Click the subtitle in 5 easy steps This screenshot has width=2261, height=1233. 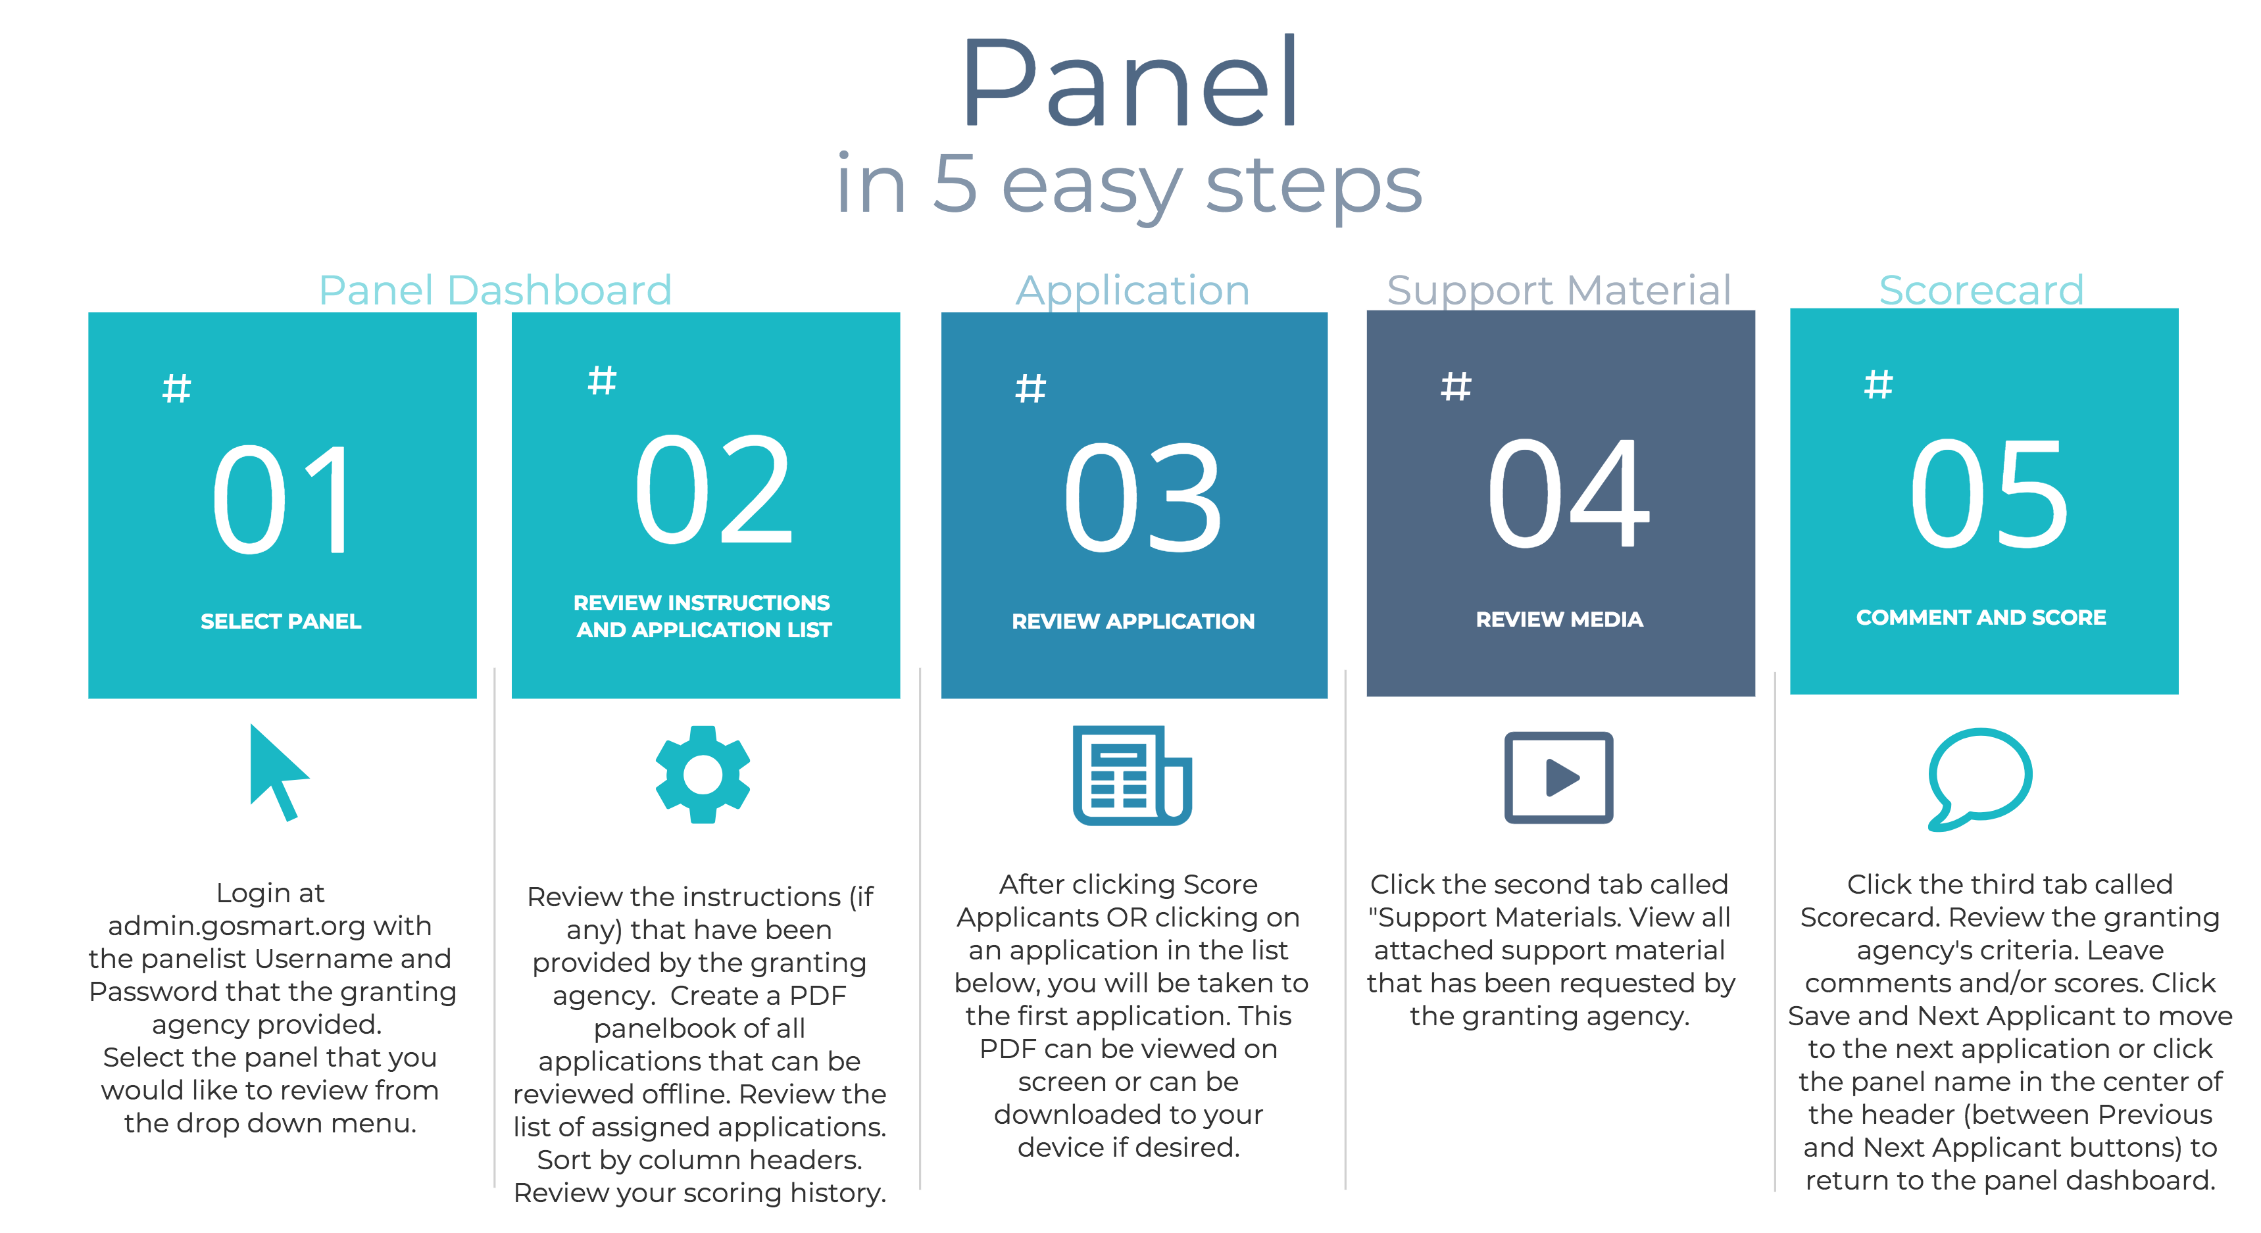1129,186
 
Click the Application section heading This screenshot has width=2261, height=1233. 1132,291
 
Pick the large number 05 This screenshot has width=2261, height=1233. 1988,493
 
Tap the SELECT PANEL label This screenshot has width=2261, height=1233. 281,621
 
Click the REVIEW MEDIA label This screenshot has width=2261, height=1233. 1559,619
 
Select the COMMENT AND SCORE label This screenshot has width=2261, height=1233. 1981,618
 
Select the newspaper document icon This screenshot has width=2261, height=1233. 1132,775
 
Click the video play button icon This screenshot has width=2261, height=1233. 1559,777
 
